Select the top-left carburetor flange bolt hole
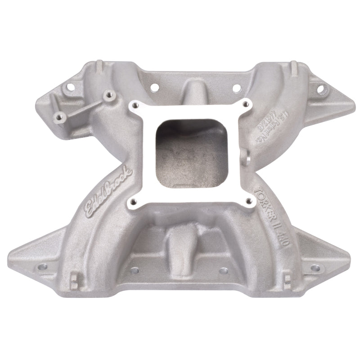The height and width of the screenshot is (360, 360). pyautogui.click(x=133, y=106)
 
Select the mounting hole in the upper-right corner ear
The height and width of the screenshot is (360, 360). pyautogui.click(x=320, y=89)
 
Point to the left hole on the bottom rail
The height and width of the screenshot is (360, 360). pyautogui.click(x=133, y=271)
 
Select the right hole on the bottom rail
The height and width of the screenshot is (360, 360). pyautogui.click(x=224, y=271)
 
